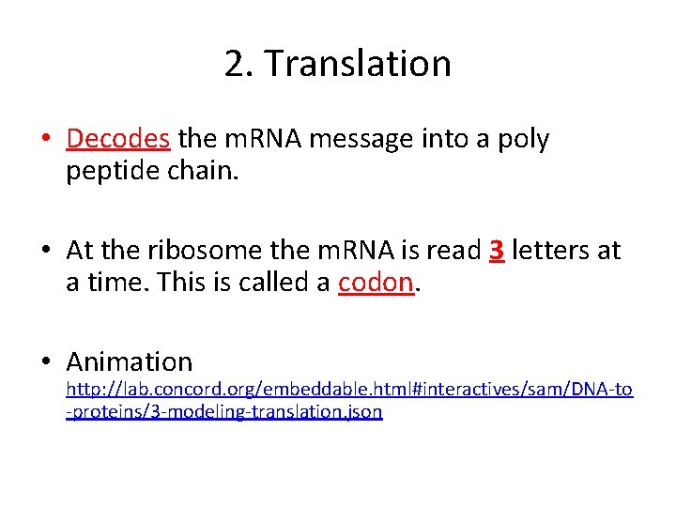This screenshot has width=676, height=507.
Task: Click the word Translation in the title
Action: coord(358,64)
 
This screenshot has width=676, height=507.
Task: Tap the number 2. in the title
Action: coord(238,64)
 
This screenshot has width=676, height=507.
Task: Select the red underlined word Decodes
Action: coord(118,139)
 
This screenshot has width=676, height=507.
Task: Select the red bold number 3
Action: coord(498,250)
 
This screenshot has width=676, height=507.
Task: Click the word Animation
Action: coord(130,361)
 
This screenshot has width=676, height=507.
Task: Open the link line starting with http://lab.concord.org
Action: coord(349,390)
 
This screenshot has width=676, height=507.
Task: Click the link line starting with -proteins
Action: coord(224,412)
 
